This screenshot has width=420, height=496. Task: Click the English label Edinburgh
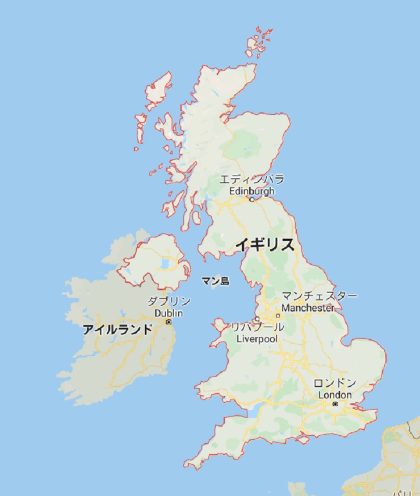pyautogui.click(x=251, y=191)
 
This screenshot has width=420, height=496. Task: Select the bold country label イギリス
pyautogui.click(x=265, y=245)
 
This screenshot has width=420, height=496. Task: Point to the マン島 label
pyautogui.click(x=215, y=280)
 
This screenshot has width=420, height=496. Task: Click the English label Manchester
pyautogui.click(x=308, y=308)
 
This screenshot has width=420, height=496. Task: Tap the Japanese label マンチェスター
pyautogui.click(x=320, y=297)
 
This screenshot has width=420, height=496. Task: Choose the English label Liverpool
pyautogui.click(x=257, y=339)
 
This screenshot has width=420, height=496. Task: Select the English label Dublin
pyautogui.click(x=169, y=313)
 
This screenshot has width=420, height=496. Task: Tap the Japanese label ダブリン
pyautogui.click(x=169, y=302)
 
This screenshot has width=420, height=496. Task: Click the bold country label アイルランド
pyautogui.click(x=117, y=329)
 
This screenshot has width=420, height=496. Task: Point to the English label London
pyautogui.click(x=335, y=395)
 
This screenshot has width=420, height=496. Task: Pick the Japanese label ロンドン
pyautogui.click(x=335, y=383)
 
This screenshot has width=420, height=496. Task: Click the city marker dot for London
pyautogui.click(x=335, y=404)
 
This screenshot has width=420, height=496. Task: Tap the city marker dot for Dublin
pyautogui.click(x=169, y=322)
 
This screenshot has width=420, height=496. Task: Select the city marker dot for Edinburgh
pyautogui.click(x=252, y=199)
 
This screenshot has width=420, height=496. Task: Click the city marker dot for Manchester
pyautogui.click(x=278, y=315)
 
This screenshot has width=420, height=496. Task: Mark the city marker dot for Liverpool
pyautogui.click(x=257, y=319)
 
